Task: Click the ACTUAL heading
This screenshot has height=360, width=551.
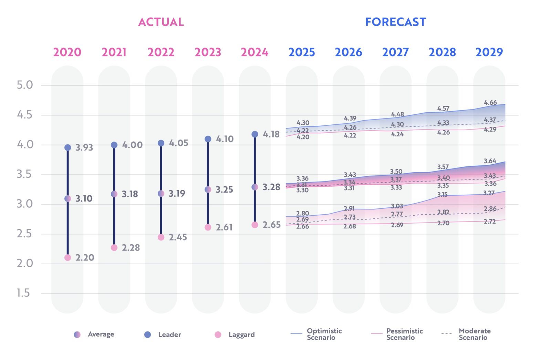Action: [x=161, y=22]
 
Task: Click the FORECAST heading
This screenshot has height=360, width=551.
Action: [x=395, y=22]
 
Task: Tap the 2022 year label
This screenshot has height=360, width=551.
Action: [x=161, y=52]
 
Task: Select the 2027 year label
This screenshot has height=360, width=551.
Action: [x=395, y=52]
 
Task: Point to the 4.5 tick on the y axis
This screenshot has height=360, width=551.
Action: [x=24, y=115]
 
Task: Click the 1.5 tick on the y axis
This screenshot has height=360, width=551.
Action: [x=23, y=293]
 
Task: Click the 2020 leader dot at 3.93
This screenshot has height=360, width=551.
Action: [x=67, y=147]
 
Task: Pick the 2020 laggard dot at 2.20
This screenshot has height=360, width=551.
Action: [x=67, y=258]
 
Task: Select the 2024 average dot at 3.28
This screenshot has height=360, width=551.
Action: [x=255, y=187]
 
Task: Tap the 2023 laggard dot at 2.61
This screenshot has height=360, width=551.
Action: [x=208, y=227]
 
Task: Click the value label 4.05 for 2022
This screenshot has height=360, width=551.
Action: [x=178, y=143]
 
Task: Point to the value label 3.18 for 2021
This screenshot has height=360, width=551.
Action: [x=130, y=194]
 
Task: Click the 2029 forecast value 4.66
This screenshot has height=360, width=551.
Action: [x=490, y=103]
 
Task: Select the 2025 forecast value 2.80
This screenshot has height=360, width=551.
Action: [x=302, y=213]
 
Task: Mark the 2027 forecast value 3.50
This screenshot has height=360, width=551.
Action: [x=396, y=172]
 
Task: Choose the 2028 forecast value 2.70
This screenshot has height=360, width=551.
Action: [x=443, y=223]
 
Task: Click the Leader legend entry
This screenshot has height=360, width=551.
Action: [x=163, y=335]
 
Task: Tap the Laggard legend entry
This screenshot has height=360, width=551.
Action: [x=235, y=335]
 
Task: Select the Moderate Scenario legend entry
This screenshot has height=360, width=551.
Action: [x=466, y=334]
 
